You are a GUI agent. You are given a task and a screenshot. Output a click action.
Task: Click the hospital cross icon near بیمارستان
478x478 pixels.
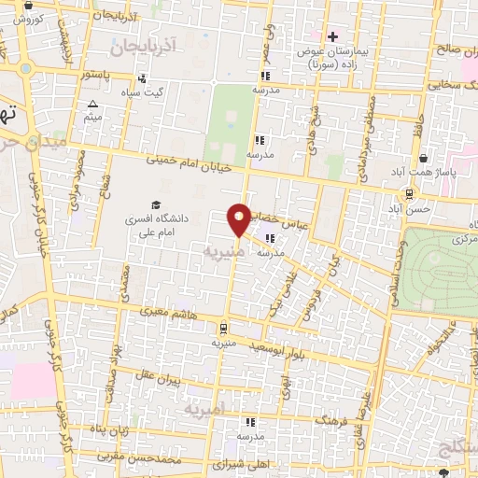332,36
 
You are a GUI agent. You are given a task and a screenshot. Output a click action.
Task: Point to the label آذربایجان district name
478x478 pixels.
148,44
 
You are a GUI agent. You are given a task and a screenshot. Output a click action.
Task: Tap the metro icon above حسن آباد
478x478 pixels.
410,194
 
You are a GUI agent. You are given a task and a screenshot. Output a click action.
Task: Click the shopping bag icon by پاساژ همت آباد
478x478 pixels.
423,158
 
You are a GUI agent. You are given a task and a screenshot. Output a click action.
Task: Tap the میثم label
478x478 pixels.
92,118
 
